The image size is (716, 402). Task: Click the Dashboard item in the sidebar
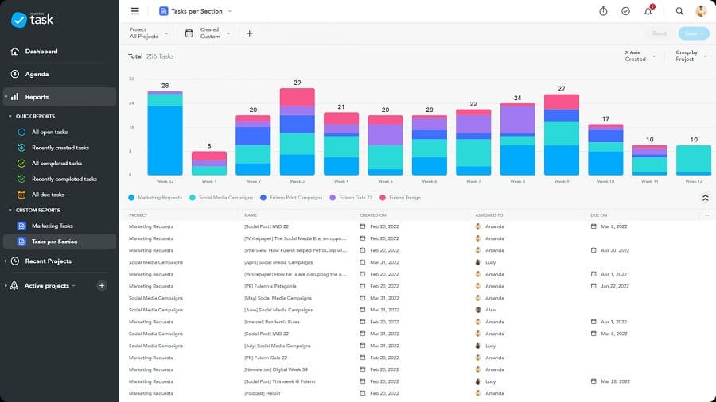point(41,52)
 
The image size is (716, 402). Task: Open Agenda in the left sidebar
point(37,74)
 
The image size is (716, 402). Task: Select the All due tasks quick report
point(48,195)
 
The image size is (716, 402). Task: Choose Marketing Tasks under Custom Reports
point(53,226)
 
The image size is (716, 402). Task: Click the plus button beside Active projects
point(102,285)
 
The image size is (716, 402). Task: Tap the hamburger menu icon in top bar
point(134,11)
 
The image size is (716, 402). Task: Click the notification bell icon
point(648,11)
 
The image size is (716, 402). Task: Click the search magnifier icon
point(679,11)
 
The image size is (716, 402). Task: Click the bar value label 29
point(297,83)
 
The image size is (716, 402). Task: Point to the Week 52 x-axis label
point(165,181)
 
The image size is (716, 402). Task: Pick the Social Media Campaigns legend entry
point(226,197)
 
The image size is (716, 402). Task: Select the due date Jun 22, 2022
point(614,286)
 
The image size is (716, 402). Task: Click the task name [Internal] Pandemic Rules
point(272,322)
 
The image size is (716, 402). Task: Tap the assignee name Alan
point(491,310)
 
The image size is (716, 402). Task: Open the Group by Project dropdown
point(691,56)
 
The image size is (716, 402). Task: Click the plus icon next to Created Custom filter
point(249,33)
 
